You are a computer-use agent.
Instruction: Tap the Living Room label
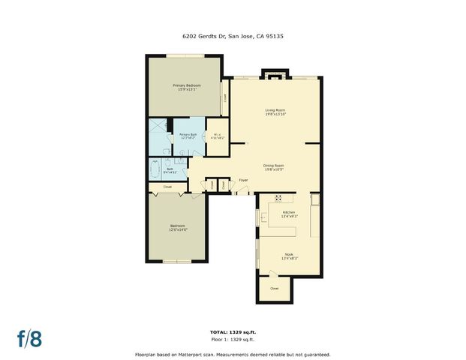[x=275, y=112]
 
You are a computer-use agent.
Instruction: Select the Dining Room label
[x=273, y=166]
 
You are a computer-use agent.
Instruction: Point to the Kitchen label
[x=289, y=214]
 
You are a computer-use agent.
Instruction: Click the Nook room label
[x=289, y=256]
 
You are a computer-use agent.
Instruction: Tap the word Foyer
[x=243, y=181]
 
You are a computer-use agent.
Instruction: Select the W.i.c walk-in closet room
[x=216, y=137]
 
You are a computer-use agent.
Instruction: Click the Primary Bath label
[x=188, y=136]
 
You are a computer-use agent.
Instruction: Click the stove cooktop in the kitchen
[x=278, y=199]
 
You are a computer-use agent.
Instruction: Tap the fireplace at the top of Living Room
[x=274, y=74]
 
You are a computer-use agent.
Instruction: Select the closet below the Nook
[x=275, y=289]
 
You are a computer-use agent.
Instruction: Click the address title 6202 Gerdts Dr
[x=232, y=34]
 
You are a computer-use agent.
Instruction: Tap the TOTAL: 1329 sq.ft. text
[x=233, y=331]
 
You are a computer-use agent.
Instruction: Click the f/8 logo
[x=30, y=337]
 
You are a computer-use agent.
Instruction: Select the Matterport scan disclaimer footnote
[x=233, y=354]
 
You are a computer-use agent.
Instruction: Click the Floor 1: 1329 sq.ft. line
[x=233, y=339]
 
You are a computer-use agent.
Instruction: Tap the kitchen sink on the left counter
[x=263, y=216]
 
